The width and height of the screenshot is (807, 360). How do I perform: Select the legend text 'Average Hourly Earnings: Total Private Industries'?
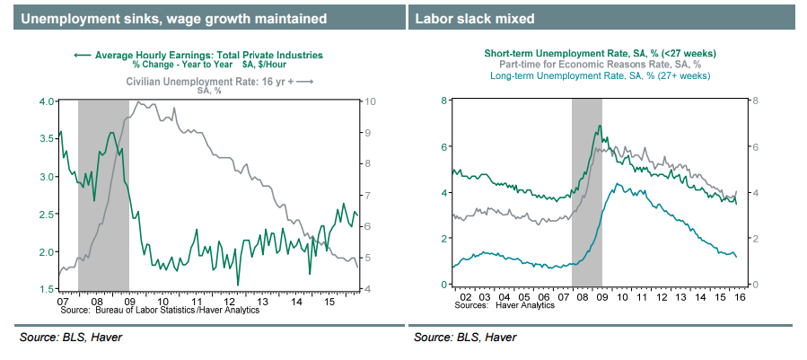[208, 55]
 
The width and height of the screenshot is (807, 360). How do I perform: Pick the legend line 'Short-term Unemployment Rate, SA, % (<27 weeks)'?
[600, 54]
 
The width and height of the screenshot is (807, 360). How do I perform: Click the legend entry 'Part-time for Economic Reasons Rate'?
[600, 65]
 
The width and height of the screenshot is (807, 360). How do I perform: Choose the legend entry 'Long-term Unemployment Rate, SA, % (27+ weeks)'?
[600, 76]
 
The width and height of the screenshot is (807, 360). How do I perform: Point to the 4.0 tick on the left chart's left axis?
[45, 101]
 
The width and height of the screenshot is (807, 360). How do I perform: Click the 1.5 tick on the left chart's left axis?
[45, 289]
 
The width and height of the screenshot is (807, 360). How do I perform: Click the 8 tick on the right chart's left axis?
[442, 101]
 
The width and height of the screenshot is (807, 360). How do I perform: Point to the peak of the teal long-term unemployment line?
[613, 184]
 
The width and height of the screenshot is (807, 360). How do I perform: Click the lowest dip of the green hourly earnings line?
[238, 285]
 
